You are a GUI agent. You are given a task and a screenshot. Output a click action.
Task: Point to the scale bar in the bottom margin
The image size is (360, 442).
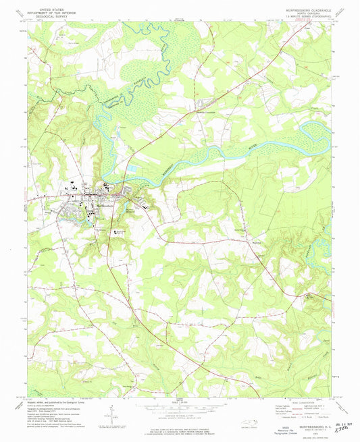(x=179, y=406)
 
